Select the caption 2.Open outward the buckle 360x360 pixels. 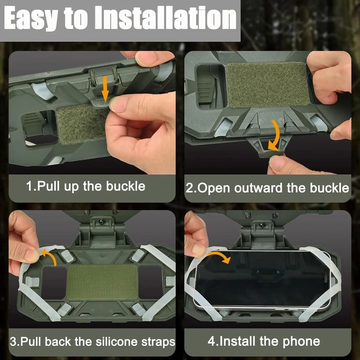point(268,188)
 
